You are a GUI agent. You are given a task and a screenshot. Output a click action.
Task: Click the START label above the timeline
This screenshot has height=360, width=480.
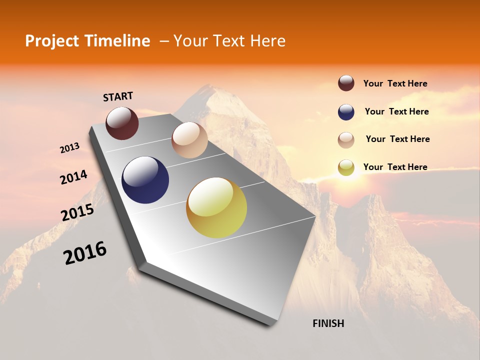tap(118, 96)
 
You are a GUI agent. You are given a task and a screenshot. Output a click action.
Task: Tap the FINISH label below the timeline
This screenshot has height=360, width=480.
tap(328, 323)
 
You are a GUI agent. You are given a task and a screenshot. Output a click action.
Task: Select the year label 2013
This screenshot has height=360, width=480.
tap(69, 147)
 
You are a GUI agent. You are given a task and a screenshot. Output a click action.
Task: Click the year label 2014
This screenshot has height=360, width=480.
tap(73, 177)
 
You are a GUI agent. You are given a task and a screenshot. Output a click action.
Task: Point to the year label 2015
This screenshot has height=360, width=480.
tap(77, 212)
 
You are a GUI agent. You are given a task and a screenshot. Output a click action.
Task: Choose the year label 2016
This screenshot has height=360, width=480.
tap(85, 253)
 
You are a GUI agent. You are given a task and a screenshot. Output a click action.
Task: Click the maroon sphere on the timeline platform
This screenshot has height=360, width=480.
tap(122, 123)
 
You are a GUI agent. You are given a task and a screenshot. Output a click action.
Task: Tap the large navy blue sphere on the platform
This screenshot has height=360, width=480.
tap(145, 180)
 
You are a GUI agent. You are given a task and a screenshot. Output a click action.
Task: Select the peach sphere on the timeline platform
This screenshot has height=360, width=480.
tap(189, 140)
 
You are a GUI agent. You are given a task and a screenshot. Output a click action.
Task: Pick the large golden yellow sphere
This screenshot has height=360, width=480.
tap(216, 207)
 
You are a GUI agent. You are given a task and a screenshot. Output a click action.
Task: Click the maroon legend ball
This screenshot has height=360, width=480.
tap(346, 83)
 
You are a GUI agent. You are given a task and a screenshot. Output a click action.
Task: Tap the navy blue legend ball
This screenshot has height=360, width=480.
tap(346, 112)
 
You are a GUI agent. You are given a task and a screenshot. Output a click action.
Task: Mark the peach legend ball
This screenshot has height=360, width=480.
tap(346, 140)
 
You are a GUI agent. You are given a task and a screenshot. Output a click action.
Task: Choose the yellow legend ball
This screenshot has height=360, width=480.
tap(346, 168)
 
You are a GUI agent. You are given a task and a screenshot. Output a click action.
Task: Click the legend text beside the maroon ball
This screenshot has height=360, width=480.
tap(395, 83)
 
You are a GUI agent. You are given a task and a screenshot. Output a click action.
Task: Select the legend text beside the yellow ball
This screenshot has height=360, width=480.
tap(395, 167)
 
